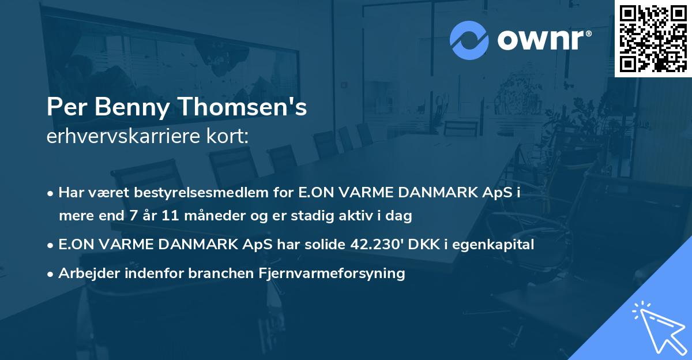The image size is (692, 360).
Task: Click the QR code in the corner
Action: [x=652, y=38]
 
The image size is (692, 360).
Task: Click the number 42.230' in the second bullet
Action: [x=376, y=245]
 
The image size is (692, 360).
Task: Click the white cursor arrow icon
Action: [x=658, y=327]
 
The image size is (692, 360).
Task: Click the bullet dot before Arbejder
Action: [x=51, y=274]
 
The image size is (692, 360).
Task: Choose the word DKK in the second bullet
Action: [x=424, y=245]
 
